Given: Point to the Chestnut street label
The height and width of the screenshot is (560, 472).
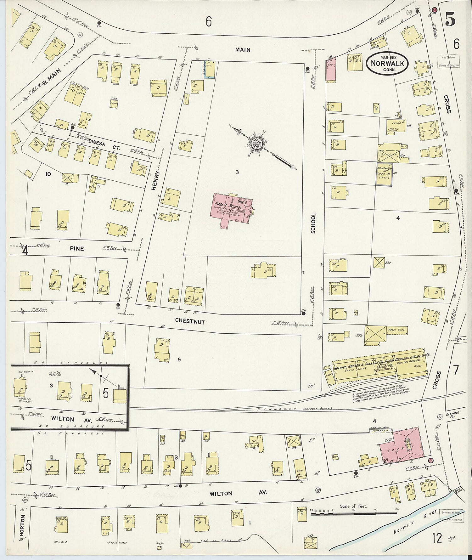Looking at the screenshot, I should (190, 322).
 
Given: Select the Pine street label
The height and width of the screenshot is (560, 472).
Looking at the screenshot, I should (77, 249).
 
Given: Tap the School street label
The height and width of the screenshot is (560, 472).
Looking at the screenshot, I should (313, 223).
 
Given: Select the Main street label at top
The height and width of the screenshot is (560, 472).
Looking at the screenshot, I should (243, 49).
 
